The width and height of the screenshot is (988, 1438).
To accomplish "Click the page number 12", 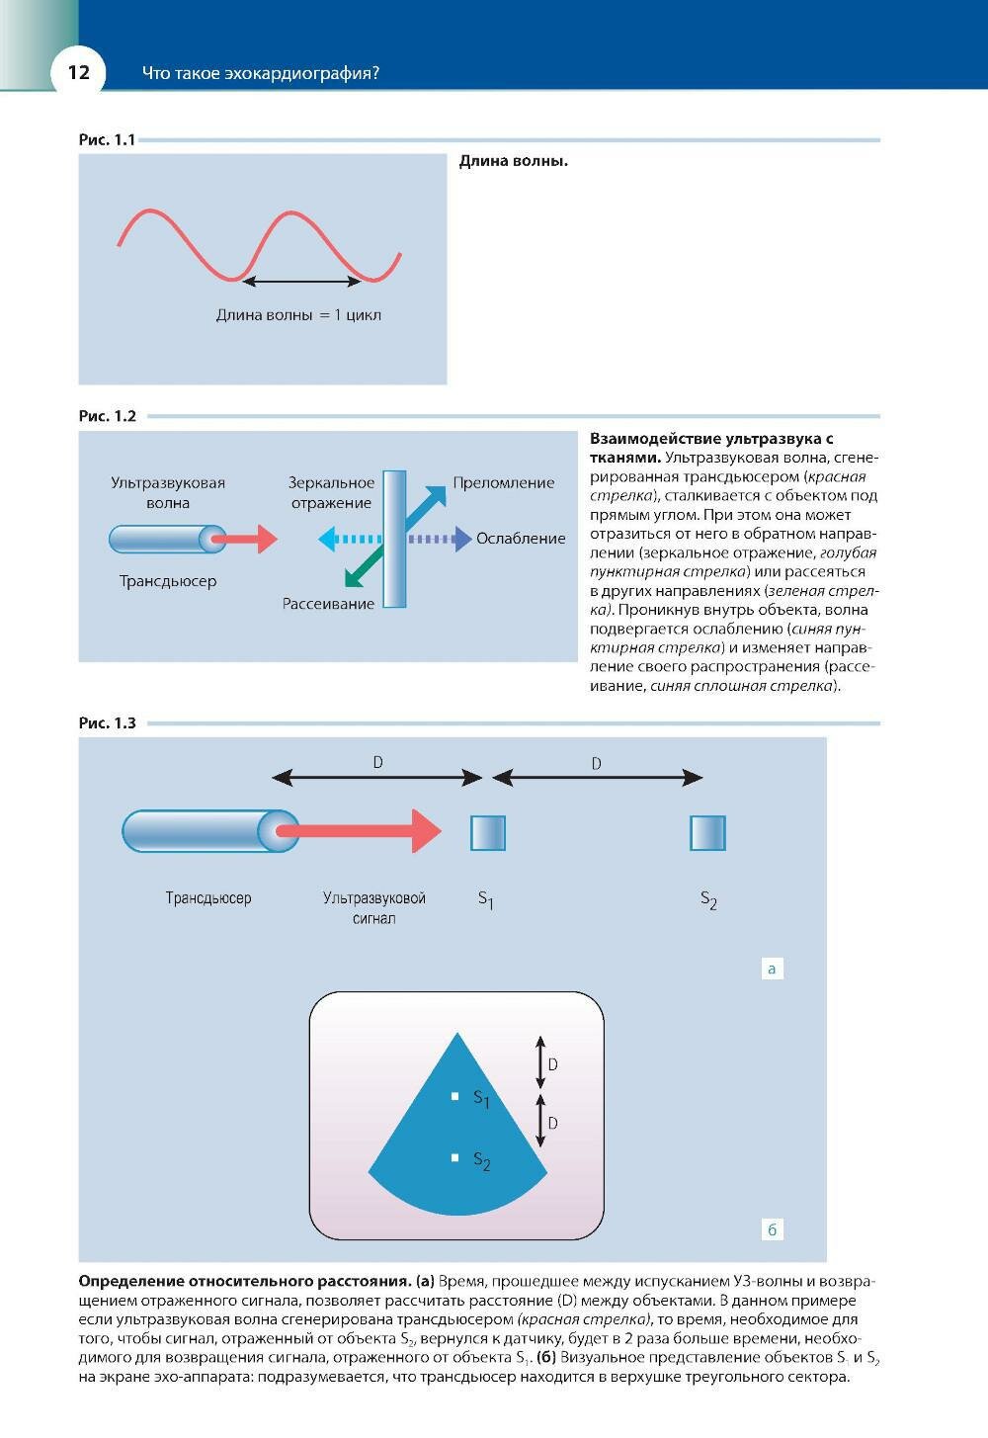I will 78,72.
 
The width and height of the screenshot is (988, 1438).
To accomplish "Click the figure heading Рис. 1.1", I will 107,140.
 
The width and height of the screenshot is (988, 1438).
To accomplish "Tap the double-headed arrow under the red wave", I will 302,282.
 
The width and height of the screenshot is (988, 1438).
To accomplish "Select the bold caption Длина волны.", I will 513,161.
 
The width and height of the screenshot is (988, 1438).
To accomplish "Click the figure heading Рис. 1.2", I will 107,416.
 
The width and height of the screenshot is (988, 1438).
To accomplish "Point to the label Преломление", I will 503,483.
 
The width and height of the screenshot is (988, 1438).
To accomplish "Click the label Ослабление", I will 521,539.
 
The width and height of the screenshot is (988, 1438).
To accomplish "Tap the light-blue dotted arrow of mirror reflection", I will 350,540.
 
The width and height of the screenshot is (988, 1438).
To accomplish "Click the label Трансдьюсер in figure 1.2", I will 168,581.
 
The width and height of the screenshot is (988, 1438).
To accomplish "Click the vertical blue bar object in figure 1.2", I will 394,540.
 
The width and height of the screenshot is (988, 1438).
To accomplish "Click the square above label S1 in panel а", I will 488,833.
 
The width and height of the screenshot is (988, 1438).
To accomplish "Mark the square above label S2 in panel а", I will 707,833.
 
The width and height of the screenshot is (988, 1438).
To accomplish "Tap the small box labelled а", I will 772,969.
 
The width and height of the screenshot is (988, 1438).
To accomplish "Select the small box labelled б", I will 772,1230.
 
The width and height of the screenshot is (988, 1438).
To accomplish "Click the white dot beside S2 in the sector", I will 454,1157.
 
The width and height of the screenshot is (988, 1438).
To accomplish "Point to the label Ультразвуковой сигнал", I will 373,907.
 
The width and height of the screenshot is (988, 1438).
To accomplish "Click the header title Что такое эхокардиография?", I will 261,73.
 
